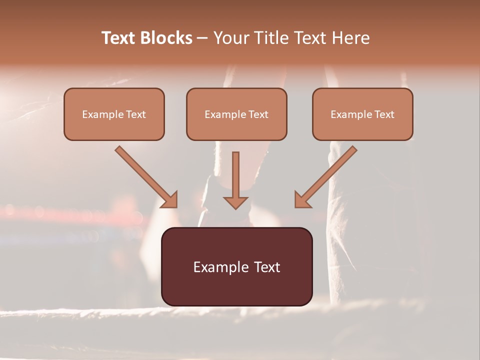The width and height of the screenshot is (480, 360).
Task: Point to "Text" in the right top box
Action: coord(384,114)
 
